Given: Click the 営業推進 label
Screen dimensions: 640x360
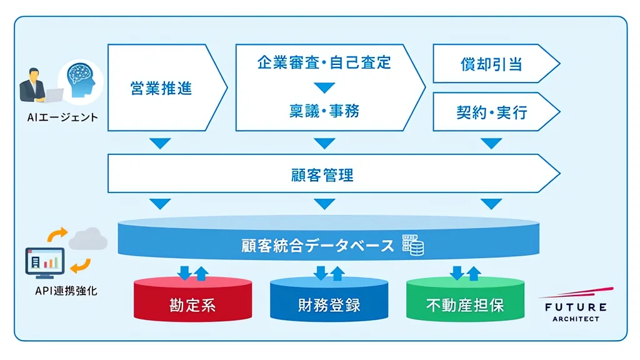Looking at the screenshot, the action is coord(161,88).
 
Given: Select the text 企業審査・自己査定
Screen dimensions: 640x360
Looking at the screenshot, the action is coord(324,62).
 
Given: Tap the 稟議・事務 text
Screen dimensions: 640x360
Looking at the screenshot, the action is coord(324,111).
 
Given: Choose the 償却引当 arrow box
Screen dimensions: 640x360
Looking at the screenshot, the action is coord(496,64).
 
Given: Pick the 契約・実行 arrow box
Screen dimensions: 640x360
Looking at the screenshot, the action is coord(496,112).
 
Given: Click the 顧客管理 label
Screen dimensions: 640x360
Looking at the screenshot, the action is coord(322,175).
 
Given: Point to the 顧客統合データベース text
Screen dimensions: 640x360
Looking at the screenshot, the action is coord(317,246).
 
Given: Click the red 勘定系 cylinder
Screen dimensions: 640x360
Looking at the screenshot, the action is coord(192,299).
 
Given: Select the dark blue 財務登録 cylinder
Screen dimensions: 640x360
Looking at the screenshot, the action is coord(329,299).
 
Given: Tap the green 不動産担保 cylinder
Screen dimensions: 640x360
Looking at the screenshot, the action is coord(465,299).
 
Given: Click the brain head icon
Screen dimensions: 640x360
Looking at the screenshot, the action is coord(81,80).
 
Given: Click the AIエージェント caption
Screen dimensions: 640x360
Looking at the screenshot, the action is coord(62,117).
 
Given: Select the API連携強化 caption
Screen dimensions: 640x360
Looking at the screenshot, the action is coord(66,291).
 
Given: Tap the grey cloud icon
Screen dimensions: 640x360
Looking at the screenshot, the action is coord(88,239).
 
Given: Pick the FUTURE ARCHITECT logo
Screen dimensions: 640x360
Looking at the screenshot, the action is coord(576,305).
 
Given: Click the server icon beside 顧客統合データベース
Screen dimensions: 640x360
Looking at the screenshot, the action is coord(413,245).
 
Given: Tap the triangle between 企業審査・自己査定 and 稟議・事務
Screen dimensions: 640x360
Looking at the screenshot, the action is coord(324,87).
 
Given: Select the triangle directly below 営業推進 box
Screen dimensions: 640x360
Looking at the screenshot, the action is coord(160,143).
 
